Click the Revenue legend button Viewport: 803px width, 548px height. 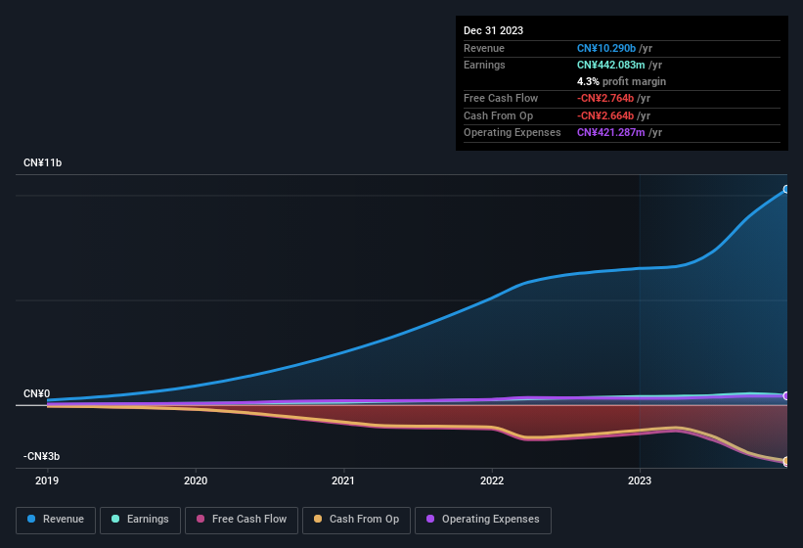pos(57,519)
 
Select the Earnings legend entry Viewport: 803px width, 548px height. pos(141,519)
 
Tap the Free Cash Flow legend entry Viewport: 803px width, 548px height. pos(242,519)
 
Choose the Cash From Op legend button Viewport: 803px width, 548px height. pos(355,519)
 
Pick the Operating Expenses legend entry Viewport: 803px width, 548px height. pos(482,519)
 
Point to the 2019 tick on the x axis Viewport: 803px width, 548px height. pos(47,480)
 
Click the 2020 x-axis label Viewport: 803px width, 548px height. pos(196,480)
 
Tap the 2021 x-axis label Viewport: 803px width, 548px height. pos(343,480)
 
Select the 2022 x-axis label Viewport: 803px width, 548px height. pos(491,480)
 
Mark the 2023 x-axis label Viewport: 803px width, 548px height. pos(639,480)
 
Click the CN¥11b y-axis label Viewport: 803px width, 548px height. pos(44,162)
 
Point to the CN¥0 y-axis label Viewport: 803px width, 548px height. pos(37,393)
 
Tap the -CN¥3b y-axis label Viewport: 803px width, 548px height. pos(42,457)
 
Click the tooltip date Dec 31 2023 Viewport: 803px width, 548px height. pos(493,30)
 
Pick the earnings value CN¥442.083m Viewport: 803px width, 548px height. pos(611,65)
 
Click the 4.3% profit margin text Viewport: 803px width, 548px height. pos(621,81)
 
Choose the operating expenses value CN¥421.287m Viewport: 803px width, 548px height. pos(611,132)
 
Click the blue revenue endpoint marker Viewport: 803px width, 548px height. pos(786,190)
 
